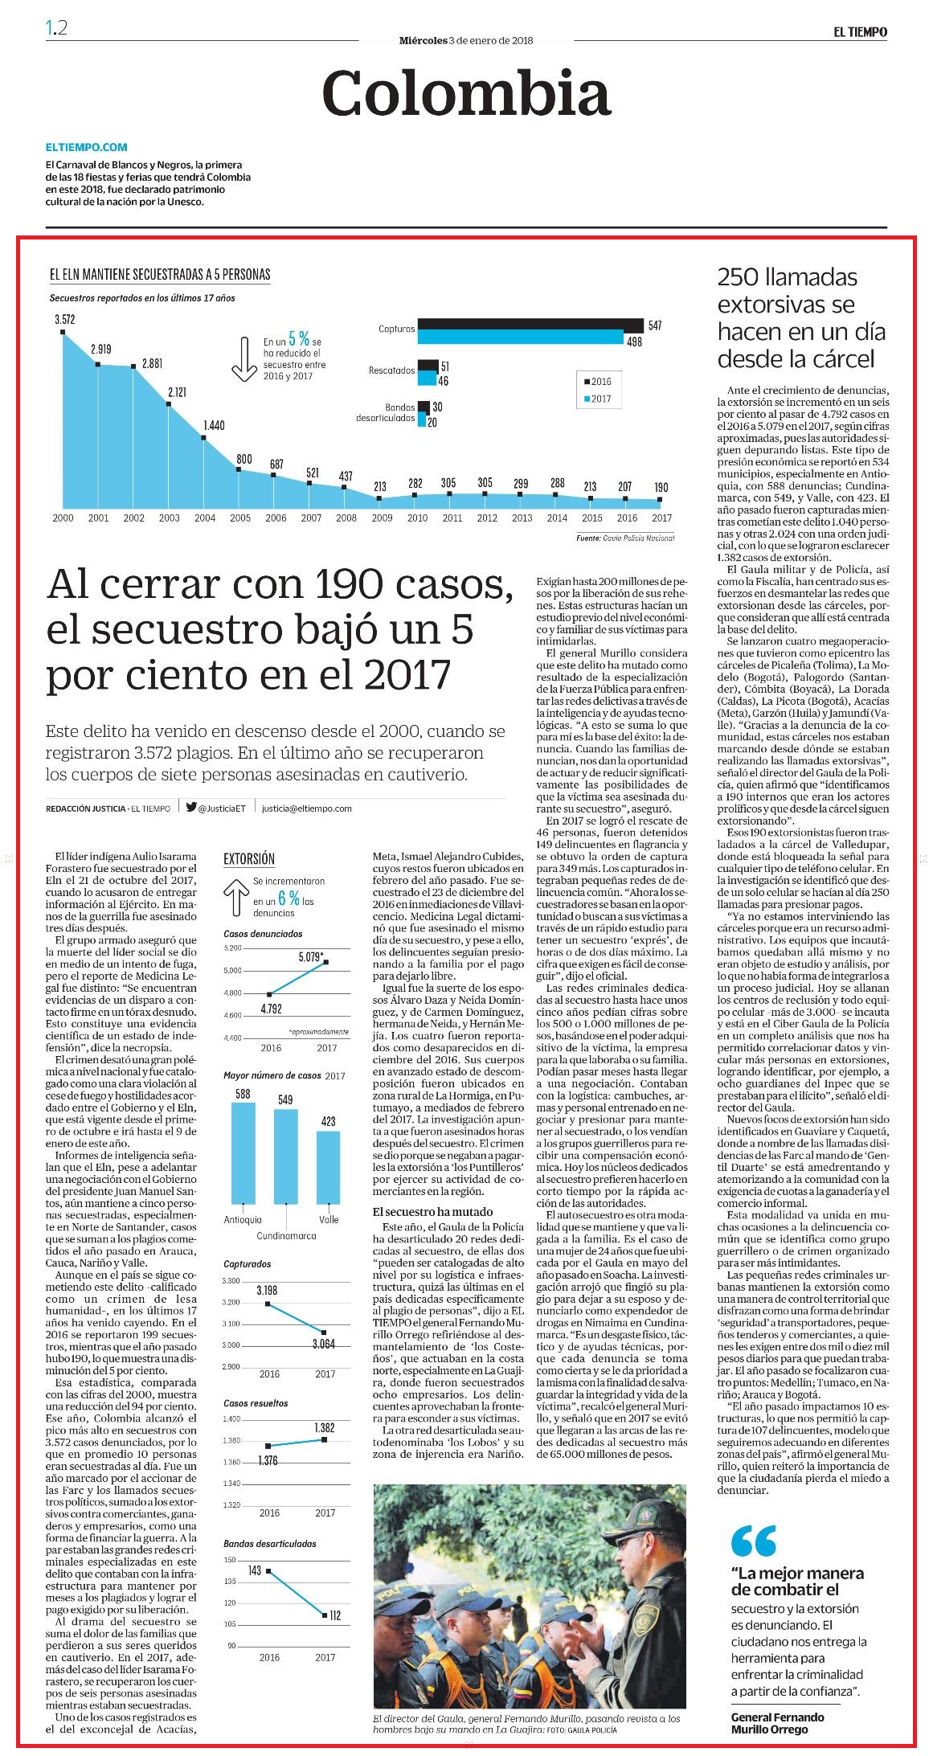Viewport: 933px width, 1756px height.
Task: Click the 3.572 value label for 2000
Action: (x=64, y=319)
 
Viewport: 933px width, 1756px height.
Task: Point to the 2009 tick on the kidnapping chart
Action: (x=381, y=518)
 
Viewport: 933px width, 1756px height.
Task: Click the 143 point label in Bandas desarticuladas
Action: (x=255, y=1570)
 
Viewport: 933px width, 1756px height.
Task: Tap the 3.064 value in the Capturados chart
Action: (x=325, y=1343)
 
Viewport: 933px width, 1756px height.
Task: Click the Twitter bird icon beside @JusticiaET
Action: (x=191, y=808)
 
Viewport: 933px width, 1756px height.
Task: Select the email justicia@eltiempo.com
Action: (x=307, y=808)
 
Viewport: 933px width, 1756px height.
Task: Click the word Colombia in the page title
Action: (x=466, y=93)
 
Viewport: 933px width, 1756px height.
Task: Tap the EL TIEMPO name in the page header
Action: (x=860, y=32)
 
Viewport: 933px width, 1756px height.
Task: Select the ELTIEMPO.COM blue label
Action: (x=86, y=147)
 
